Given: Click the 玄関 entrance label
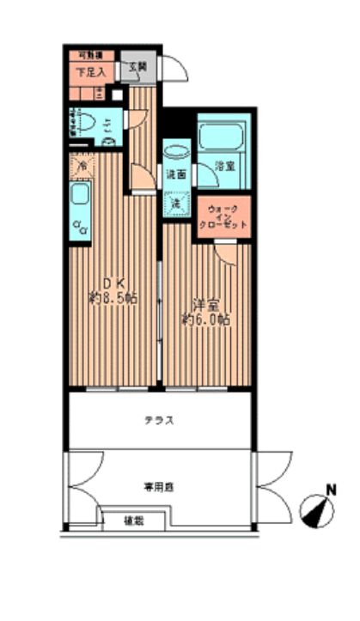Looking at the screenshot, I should point(137,65).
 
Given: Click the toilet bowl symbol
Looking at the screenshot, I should point(86,122).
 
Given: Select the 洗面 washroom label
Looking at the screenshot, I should point(175,174).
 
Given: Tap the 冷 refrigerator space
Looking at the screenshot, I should point(82,165).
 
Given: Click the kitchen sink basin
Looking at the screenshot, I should point(81,196).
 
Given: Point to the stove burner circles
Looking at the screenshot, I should point(81,227).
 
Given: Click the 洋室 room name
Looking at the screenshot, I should point(203,306).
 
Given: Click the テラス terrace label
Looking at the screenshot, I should point(160,420).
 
